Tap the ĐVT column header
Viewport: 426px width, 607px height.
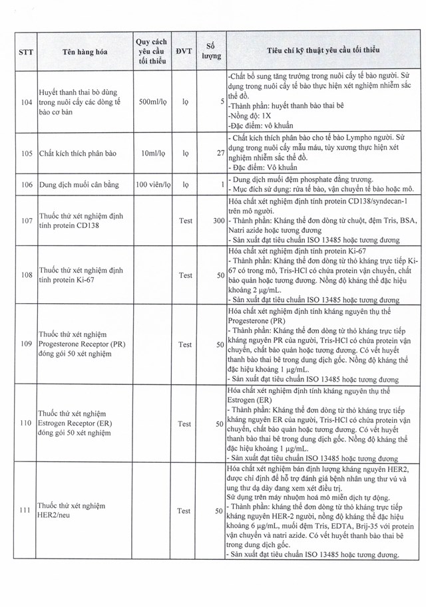coord(180,51)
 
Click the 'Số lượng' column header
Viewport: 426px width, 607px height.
coord(210,51)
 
